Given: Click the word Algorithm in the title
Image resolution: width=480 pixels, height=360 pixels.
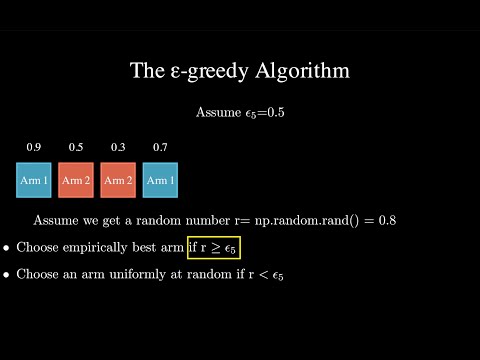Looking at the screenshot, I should click(x=304, y=71).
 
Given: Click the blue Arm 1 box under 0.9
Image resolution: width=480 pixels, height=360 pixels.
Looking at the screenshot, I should click(x=33, y=181).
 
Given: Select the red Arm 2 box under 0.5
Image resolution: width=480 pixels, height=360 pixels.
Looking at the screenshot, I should click(x=76, y=181).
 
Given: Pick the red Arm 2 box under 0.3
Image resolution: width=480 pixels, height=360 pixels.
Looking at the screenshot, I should click(x=118, y=181).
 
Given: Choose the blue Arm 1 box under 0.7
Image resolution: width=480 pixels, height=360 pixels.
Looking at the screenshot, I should click(x=160, y=181).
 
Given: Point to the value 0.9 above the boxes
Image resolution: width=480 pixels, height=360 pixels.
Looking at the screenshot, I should click(x=33, y=148).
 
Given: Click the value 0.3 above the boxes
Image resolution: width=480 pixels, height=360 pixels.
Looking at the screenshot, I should click(x=118, y=148).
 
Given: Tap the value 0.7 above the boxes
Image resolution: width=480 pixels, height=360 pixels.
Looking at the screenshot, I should click(x=160, y=148).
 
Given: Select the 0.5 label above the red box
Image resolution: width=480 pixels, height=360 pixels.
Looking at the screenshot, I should click(x=76, y=148).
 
